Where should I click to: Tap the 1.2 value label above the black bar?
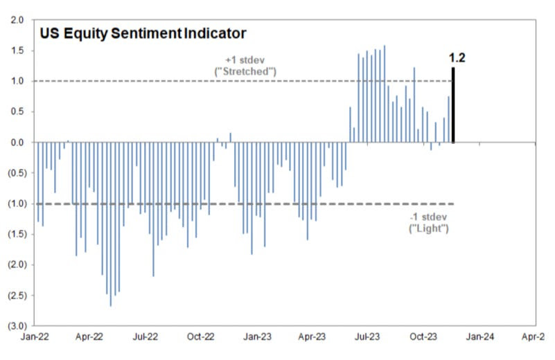click(457, 57)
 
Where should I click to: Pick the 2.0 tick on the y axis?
click(17, 20)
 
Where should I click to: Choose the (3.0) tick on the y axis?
click(17, 325)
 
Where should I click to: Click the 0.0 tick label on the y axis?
click(17, 143)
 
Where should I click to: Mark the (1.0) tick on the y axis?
click(17, 204)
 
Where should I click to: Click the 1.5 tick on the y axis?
click(17, 51)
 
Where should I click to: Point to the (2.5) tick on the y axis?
click(17, 295)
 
